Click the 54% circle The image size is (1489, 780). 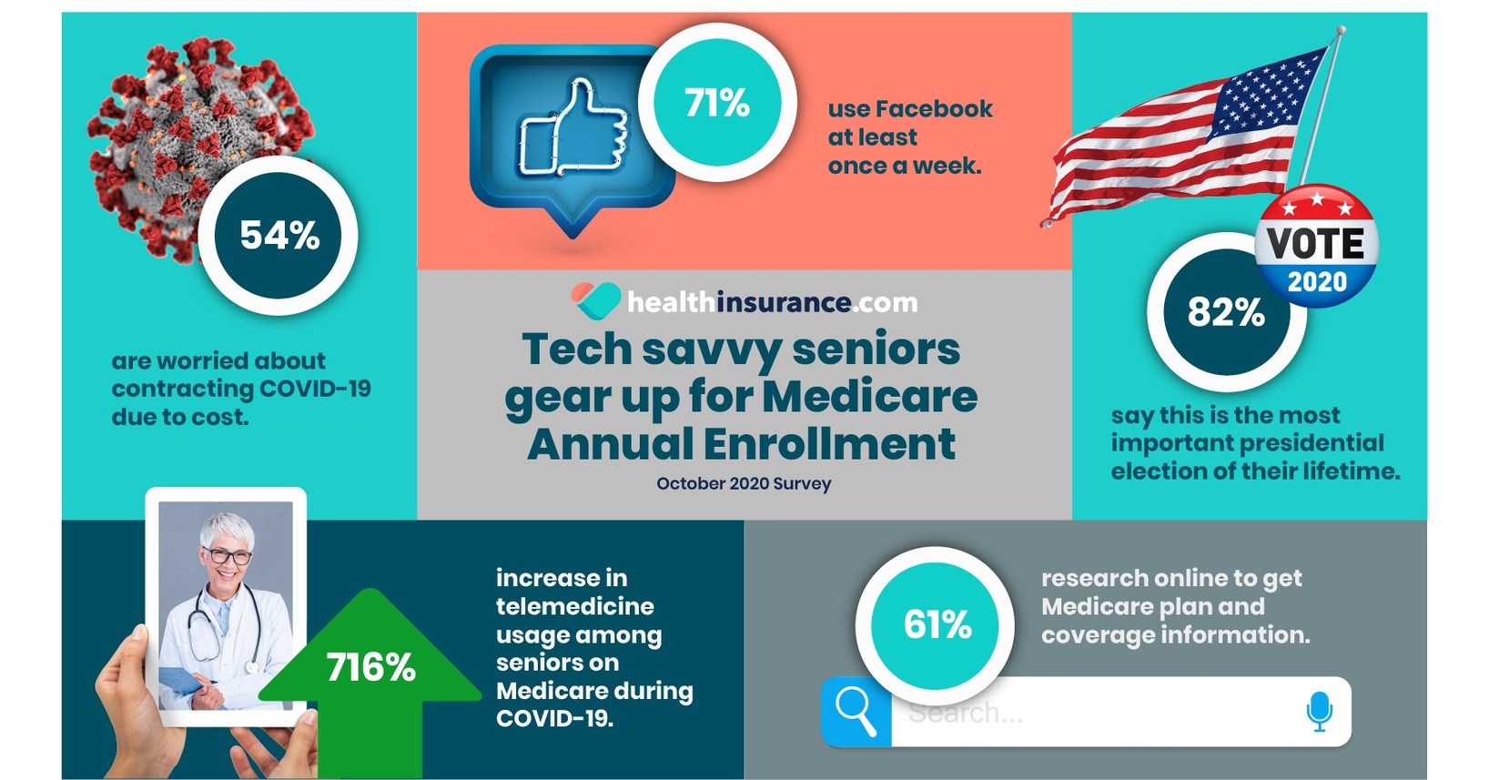(279, 236)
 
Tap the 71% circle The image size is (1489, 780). (717, 103)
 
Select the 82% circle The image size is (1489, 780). (1225, 313)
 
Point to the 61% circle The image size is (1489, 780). (937, 625)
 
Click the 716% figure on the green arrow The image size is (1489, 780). (371, 668)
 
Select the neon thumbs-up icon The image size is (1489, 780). (573, 127)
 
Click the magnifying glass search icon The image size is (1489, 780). (856, 711)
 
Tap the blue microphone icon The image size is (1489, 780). (1319, 711)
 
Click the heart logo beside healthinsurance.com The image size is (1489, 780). (596, 300)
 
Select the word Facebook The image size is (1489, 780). (934, 109)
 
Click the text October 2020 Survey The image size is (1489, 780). (744, 483)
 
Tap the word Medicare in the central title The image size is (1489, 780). (869, 397)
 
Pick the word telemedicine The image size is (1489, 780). (574, 606)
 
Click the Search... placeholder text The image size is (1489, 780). (965, 713)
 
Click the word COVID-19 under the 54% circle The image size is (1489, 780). (315, 389)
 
